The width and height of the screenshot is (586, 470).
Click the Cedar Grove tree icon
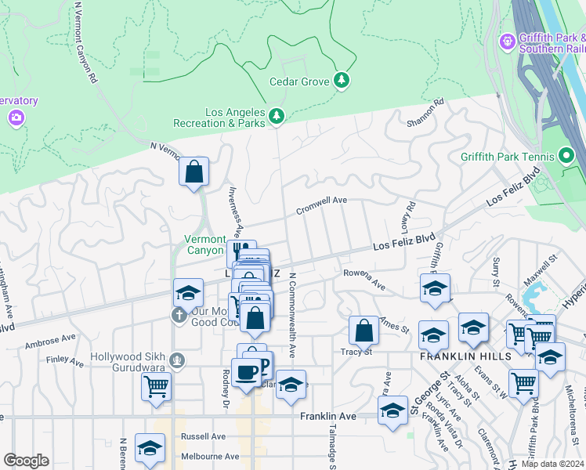342,80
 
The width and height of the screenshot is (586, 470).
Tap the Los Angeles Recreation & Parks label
235,117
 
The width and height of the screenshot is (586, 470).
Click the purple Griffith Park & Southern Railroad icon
508,39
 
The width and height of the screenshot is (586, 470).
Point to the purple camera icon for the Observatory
16,117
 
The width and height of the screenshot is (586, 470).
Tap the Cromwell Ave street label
321,205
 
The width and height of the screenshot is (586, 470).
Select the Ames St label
395,324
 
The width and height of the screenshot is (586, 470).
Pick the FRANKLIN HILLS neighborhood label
465,356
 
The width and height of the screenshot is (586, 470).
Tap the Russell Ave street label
203,436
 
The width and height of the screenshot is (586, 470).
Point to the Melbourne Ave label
209,456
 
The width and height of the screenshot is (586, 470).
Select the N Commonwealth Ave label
292,309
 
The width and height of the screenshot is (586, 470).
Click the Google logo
25,461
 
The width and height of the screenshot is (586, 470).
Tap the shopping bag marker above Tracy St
364,330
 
